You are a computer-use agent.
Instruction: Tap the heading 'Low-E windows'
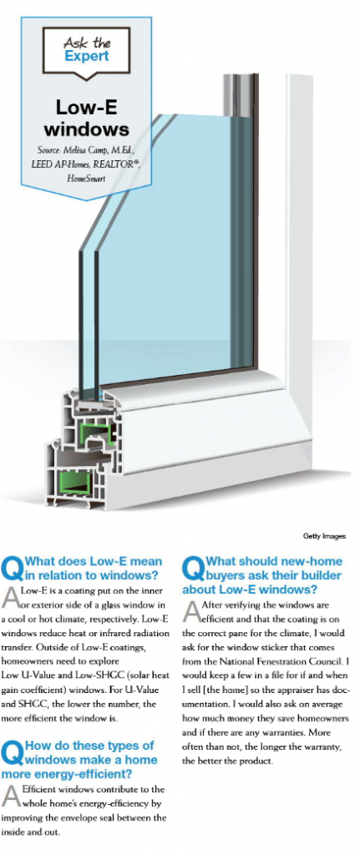click(x=86, y=118)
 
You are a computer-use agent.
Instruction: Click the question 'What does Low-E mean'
click(x=94, y=561)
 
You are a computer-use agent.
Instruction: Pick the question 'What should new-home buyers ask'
click(x=263, y=575)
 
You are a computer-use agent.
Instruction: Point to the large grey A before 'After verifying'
click(x=191, y=610)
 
